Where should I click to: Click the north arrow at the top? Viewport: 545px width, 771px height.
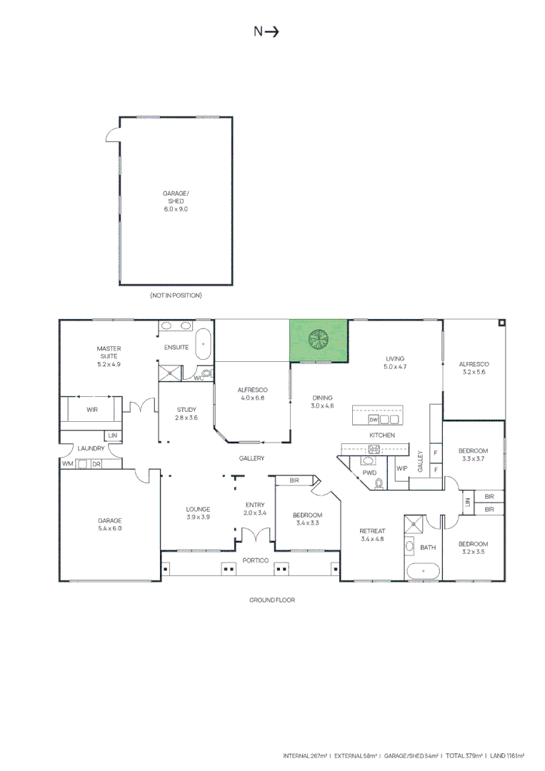coord(266,31)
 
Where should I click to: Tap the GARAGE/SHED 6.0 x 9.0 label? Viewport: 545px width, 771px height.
coord(176,201)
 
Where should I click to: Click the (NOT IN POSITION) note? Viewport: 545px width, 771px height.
coord(176,295)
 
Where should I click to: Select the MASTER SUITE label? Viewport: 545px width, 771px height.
coord(109,356)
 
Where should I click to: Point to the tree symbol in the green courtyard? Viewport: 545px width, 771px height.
coord(316,338)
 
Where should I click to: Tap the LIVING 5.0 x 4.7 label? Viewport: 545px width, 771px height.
coord(395,362)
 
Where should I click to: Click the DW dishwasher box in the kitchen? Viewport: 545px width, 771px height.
coord(373,420)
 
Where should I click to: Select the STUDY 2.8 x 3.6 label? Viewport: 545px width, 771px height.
coord(186,413)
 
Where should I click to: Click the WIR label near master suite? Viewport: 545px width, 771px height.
coord(92,410)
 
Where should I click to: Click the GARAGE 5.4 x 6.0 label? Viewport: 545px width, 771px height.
coord(110,524)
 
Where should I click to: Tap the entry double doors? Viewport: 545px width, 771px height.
coord(254,535)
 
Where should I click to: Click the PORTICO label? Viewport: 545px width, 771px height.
coord(254,560)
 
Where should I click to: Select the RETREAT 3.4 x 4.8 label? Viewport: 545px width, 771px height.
coord(372,535)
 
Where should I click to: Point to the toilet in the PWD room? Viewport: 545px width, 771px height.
coord(379,483)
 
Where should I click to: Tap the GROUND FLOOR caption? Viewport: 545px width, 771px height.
coord(271,600)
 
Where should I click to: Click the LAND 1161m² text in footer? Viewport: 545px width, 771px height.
coord(506,755)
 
